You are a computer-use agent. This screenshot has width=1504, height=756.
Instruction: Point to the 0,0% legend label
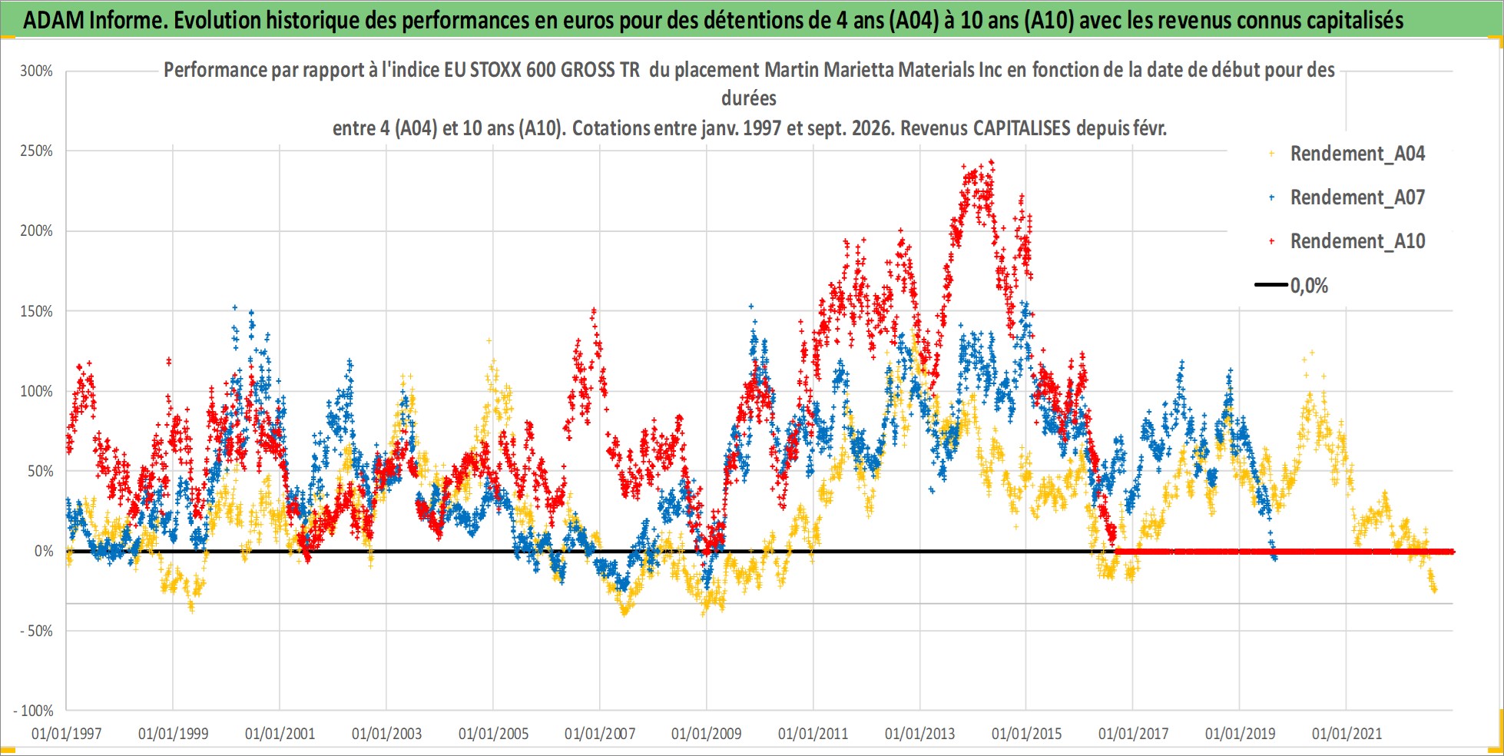(1309, 286)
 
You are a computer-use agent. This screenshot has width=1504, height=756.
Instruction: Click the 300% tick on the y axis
(36, 71)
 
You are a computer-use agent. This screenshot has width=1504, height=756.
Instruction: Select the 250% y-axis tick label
(36, 151)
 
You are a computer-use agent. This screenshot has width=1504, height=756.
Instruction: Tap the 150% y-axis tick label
(36, 311)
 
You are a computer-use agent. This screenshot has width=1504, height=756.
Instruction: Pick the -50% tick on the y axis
(34, 631)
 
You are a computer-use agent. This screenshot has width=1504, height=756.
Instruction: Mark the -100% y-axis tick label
(33, 711)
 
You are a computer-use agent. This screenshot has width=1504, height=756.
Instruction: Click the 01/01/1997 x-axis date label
(66, 734)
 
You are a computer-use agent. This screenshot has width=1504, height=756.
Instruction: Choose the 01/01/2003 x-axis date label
(386, 734)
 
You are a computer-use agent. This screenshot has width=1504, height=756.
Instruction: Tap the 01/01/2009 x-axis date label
(706, 734)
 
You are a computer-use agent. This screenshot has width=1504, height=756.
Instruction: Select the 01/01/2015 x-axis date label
(1026, 734)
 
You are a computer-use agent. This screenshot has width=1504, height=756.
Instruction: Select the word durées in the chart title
(749, 98)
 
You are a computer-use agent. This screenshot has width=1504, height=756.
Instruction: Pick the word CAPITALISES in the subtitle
(1022, 128)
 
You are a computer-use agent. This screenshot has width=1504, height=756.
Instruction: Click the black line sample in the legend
(1271, 285)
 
